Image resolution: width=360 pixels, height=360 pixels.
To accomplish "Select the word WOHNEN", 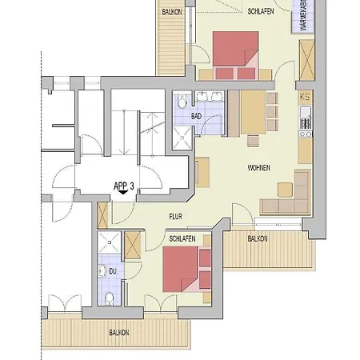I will click(x=259, y=167).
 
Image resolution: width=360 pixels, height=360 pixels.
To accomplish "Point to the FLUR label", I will click(x=176, y=216).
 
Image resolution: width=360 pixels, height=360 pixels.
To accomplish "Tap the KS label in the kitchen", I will click(x=304, y=97).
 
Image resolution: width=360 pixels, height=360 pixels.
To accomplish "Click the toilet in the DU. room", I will click(x=108, y=298).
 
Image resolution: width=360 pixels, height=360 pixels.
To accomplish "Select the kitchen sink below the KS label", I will click(x=304, y=124).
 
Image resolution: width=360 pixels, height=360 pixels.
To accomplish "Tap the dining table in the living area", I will click(x=251, y=112).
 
